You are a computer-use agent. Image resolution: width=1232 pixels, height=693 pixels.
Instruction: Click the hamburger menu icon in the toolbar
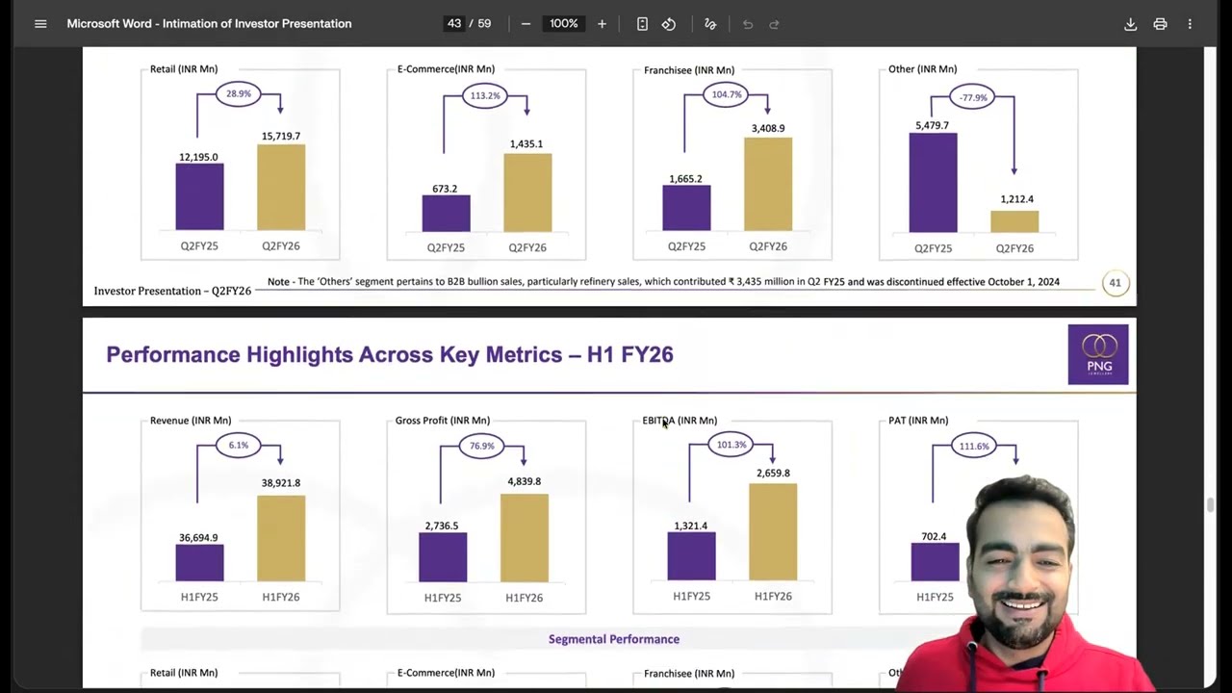click(x=40, y=24)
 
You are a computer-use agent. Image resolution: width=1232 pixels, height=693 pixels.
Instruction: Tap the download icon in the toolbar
click(x=1130, y=24)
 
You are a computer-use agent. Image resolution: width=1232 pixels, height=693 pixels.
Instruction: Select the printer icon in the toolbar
click(x=1160, y=24)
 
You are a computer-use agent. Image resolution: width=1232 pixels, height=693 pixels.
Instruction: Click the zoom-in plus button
click(x=602, y=24)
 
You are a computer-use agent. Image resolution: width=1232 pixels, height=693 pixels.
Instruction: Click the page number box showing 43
click(x=453, y=24)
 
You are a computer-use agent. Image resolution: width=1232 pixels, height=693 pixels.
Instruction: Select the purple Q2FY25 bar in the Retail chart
click(x=199, y=197)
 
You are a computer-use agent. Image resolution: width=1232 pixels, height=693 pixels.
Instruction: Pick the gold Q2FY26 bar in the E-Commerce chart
click(x=527, y=192)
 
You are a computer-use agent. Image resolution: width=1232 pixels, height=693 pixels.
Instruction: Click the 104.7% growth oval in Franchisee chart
click(x=726, y=94)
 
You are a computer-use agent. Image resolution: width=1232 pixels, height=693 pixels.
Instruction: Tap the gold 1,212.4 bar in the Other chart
click(x=1014, y=221)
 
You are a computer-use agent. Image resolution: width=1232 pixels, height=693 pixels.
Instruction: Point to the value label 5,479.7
click(x=933, y=125)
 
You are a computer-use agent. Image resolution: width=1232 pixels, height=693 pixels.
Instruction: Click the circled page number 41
click(x=1115, y=283)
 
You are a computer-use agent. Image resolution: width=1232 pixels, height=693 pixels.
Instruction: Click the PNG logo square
click(x=1098, y=354)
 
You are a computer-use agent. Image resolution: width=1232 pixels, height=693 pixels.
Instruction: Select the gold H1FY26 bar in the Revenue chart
click(x=281, y=538)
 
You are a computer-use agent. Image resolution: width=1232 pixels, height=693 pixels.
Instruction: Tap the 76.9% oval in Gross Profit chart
click(x=481, y=446)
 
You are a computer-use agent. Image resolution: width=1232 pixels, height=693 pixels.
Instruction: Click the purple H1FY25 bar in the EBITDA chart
click(x=691, y=556)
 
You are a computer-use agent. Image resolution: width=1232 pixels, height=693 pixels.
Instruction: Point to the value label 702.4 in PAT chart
click(x=934, y=536)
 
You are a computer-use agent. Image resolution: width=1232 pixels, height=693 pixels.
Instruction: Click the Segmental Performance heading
click(x=614, y=639)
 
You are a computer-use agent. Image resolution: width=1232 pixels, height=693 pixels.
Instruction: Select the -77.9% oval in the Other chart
click(x=972, y=97)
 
